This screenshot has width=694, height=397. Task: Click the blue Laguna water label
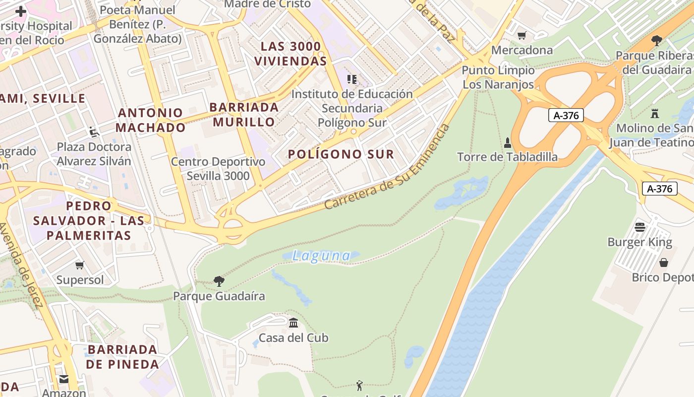tap(321, 256)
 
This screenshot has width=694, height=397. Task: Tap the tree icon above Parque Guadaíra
tap(219, 281)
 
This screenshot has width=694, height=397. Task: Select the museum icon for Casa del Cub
tap(293, 323)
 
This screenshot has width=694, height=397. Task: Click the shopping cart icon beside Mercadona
tap(521, 35)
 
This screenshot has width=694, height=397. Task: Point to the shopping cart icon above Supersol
tap(79, 265)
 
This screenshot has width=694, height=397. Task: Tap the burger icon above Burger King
tap(640, 227)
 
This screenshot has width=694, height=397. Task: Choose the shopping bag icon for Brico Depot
tap(663, 262)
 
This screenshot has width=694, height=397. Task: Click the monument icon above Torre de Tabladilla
tap(507, 143)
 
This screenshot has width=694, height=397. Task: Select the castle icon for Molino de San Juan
tap(655, 113)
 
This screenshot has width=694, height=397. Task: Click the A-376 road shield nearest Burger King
tap(660, 189)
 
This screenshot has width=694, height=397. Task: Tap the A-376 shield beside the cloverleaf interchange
tap(566, 116)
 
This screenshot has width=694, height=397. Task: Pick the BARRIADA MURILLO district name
tap(243, 115)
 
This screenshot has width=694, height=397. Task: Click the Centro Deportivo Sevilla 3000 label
tap(218, 169)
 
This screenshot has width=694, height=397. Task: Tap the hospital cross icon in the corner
tap(21, 11)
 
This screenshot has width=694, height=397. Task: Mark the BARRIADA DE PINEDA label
tap(122, 357)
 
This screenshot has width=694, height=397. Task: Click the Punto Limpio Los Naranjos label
tap(498, 77)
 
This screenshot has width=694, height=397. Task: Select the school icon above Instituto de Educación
tap(352, 79)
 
